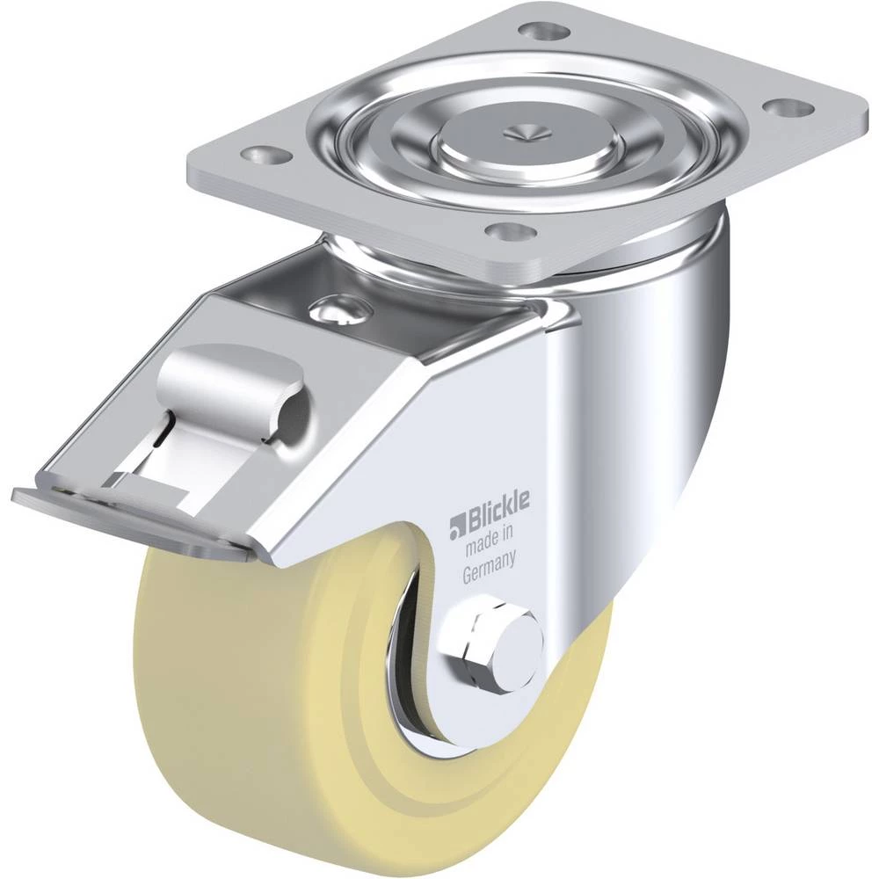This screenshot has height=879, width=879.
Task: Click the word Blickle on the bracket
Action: point(495,507)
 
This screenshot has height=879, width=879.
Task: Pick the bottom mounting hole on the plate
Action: point(505,229)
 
